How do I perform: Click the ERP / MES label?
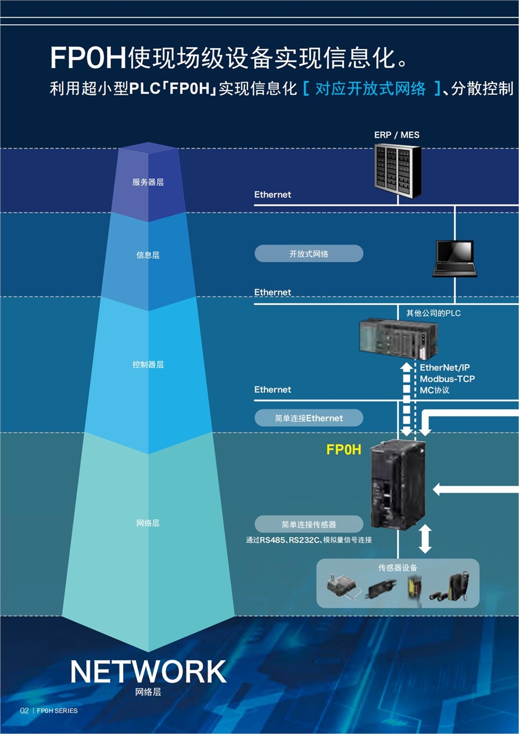point(396,135)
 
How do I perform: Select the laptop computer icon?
point(454,259)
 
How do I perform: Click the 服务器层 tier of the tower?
point(148,182)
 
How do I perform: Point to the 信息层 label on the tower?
point(148,255)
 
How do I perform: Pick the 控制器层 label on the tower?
point(148,365)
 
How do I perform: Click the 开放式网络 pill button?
point(308,254)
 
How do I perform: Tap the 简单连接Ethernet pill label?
point(308,418)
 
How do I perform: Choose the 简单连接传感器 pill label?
point(308,524)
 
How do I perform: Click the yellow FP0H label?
point(343,450)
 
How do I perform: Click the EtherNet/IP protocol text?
point(445,368)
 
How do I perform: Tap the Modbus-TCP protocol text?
point(447,379)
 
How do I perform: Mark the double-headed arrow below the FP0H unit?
point(425,538)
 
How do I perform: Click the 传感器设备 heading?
point(398,567)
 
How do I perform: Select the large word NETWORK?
point(148,671)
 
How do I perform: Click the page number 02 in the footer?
point(24,710)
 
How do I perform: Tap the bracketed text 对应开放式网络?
point(371,89)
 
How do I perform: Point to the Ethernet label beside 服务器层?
point(272,194)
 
